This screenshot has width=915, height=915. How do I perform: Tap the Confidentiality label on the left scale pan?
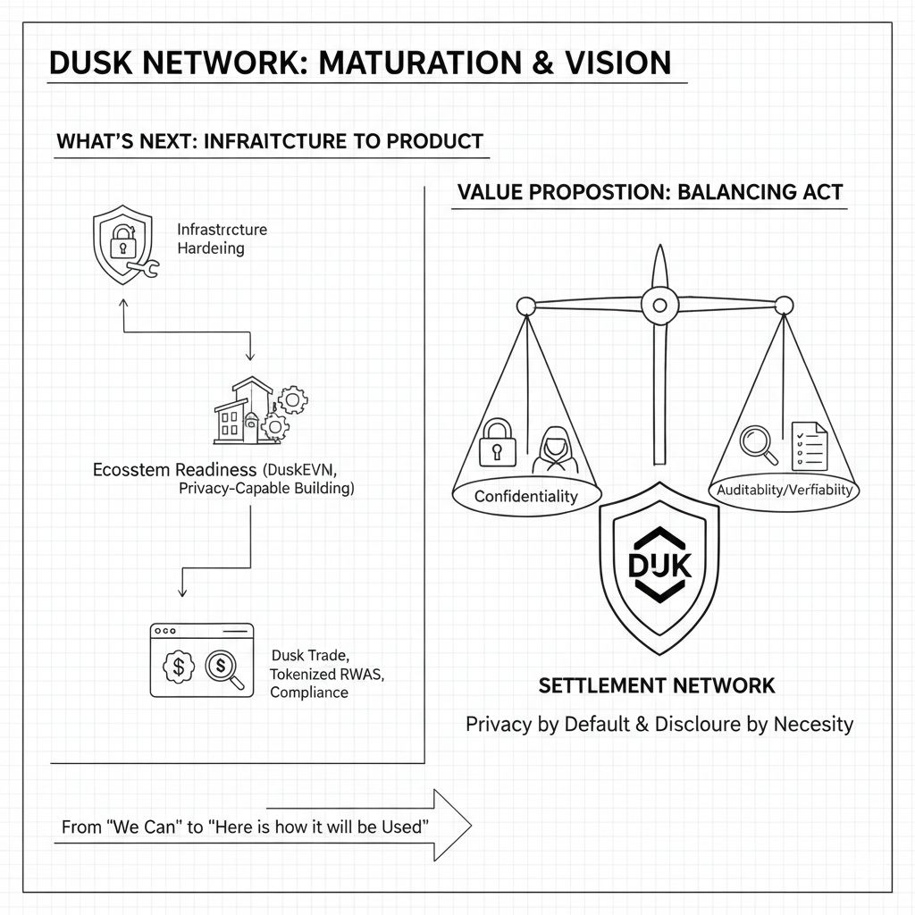tap(525, 496)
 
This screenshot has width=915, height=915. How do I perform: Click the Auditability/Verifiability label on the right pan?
tap(785, 490)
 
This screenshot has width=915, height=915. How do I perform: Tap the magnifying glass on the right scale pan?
tap(760, 443)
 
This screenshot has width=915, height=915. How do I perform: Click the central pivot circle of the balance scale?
tap(659, 306)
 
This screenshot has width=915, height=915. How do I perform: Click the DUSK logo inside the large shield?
tap(659, 567)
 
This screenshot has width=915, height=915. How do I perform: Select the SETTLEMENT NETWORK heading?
tap(657, 686)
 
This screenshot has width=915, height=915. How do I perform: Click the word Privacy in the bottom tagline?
tap(499, 724)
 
